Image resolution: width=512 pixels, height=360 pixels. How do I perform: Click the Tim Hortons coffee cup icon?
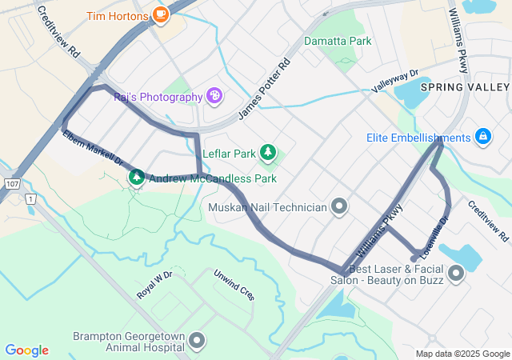[161, 15]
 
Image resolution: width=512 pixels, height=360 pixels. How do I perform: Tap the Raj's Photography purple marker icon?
[214, 97]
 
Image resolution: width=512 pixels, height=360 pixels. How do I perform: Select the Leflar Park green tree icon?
[268, 153]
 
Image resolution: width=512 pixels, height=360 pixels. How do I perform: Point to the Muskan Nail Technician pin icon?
[340, 207]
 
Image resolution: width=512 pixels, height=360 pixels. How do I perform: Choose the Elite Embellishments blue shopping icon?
[482, 138]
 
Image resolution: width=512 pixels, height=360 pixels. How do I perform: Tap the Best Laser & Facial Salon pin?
[456, 275]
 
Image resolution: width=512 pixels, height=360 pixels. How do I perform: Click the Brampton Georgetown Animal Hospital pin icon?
[198, 342]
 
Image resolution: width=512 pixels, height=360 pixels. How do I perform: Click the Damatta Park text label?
[338, 41]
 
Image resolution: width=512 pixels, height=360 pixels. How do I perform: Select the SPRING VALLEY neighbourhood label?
[465, 86]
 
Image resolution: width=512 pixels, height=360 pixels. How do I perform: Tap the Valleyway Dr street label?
[395, 80]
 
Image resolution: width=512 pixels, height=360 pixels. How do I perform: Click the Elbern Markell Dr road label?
[92, 149]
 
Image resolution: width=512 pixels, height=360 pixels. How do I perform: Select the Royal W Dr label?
[154, 285]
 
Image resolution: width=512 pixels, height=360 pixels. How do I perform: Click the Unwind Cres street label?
[234, 284]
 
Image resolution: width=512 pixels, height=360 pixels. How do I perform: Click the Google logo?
[26, 350]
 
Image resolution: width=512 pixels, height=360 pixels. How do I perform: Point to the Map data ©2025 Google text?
[462, 354]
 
